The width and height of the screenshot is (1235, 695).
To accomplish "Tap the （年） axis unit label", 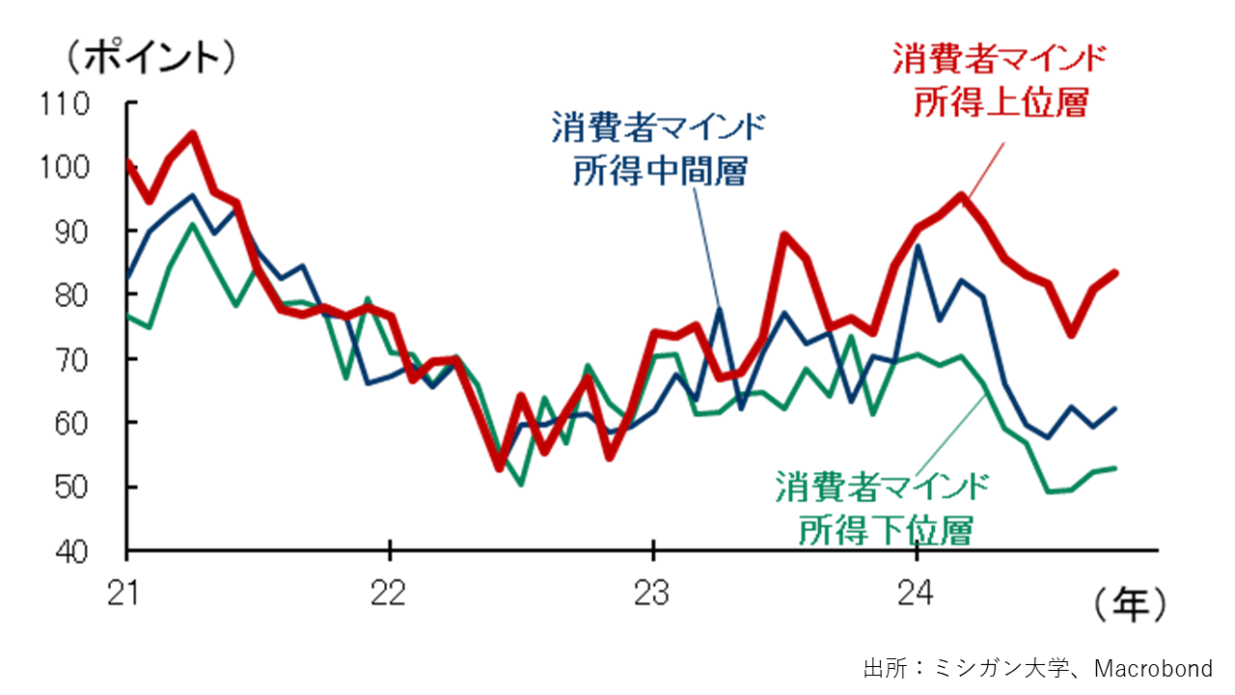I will tap(1130, 605).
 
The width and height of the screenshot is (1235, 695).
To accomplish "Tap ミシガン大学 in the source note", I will tap(998, 668).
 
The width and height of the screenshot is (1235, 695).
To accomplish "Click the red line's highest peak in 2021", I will tap(192, 135).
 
